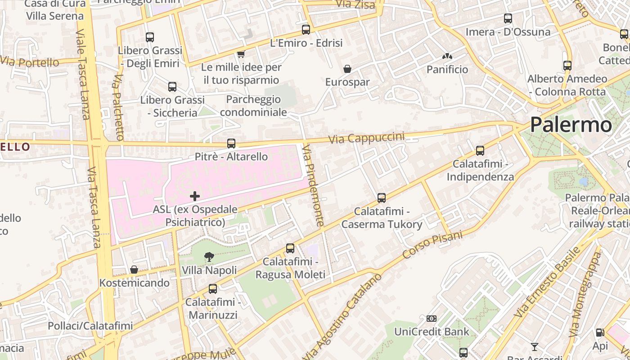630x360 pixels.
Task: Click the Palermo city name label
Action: (x=571, y=125)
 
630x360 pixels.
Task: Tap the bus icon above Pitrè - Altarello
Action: (x=231, y=144)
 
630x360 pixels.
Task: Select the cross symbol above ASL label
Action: (x=195, y=196)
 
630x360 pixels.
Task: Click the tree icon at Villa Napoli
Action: (x=209, y=257)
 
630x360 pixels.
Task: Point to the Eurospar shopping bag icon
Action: (x=347, y=69)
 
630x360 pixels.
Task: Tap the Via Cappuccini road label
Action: (x=366, y=138)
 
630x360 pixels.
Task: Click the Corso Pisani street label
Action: (x=432, y=245)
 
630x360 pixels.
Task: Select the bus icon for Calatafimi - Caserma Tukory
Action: (x=381, y=198)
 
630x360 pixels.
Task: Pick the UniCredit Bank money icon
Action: (x=432, y=319)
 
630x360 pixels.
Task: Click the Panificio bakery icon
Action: (x=447, y=57)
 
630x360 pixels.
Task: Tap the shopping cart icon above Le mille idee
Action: (x=241, y=54)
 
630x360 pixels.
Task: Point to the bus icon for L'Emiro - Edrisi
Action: (x=306, y=30)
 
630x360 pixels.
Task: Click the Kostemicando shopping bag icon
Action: (x=134, y=270)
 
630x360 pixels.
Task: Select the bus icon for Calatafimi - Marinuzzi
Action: (x=212, y=288)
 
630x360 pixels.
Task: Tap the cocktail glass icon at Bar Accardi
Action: (x=534, y=346)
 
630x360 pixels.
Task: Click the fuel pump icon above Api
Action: (x=600, y=333)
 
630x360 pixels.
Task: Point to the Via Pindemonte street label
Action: (x=314, y=185)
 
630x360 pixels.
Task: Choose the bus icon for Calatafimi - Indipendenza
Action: (x=480, y=150)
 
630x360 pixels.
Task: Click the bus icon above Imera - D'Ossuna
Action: (x=508, y=18)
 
